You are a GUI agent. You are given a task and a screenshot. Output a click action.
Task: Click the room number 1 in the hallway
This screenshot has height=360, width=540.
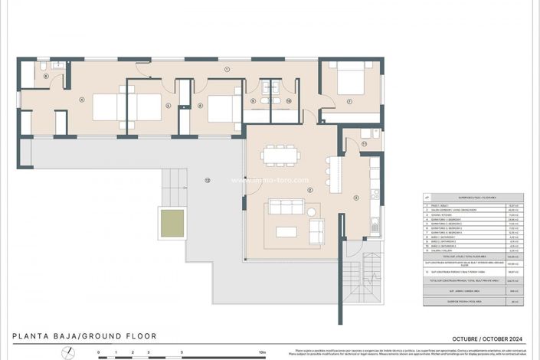tap(227, 70)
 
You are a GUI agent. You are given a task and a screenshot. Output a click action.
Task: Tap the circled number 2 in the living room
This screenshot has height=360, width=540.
tap(309, 189)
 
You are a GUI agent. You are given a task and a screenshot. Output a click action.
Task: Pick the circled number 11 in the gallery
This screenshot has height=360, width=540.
tap(365, 144)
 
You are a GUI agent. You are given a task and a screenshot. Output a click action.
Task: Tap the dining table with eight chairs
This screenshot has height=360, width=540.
tap(280, 155)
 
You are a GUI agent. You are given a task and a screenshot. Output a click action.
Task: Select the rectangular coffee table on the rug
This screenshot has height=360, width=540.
tap(285, 231)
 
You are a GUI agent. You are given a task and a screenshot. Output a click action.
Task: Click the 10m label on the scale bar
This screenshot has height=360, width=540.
tap(262, 353)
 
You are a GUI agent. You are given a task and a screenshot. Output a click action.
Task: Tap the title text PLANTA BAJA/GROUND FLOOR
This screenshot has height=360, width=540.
tap(85, 336)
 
